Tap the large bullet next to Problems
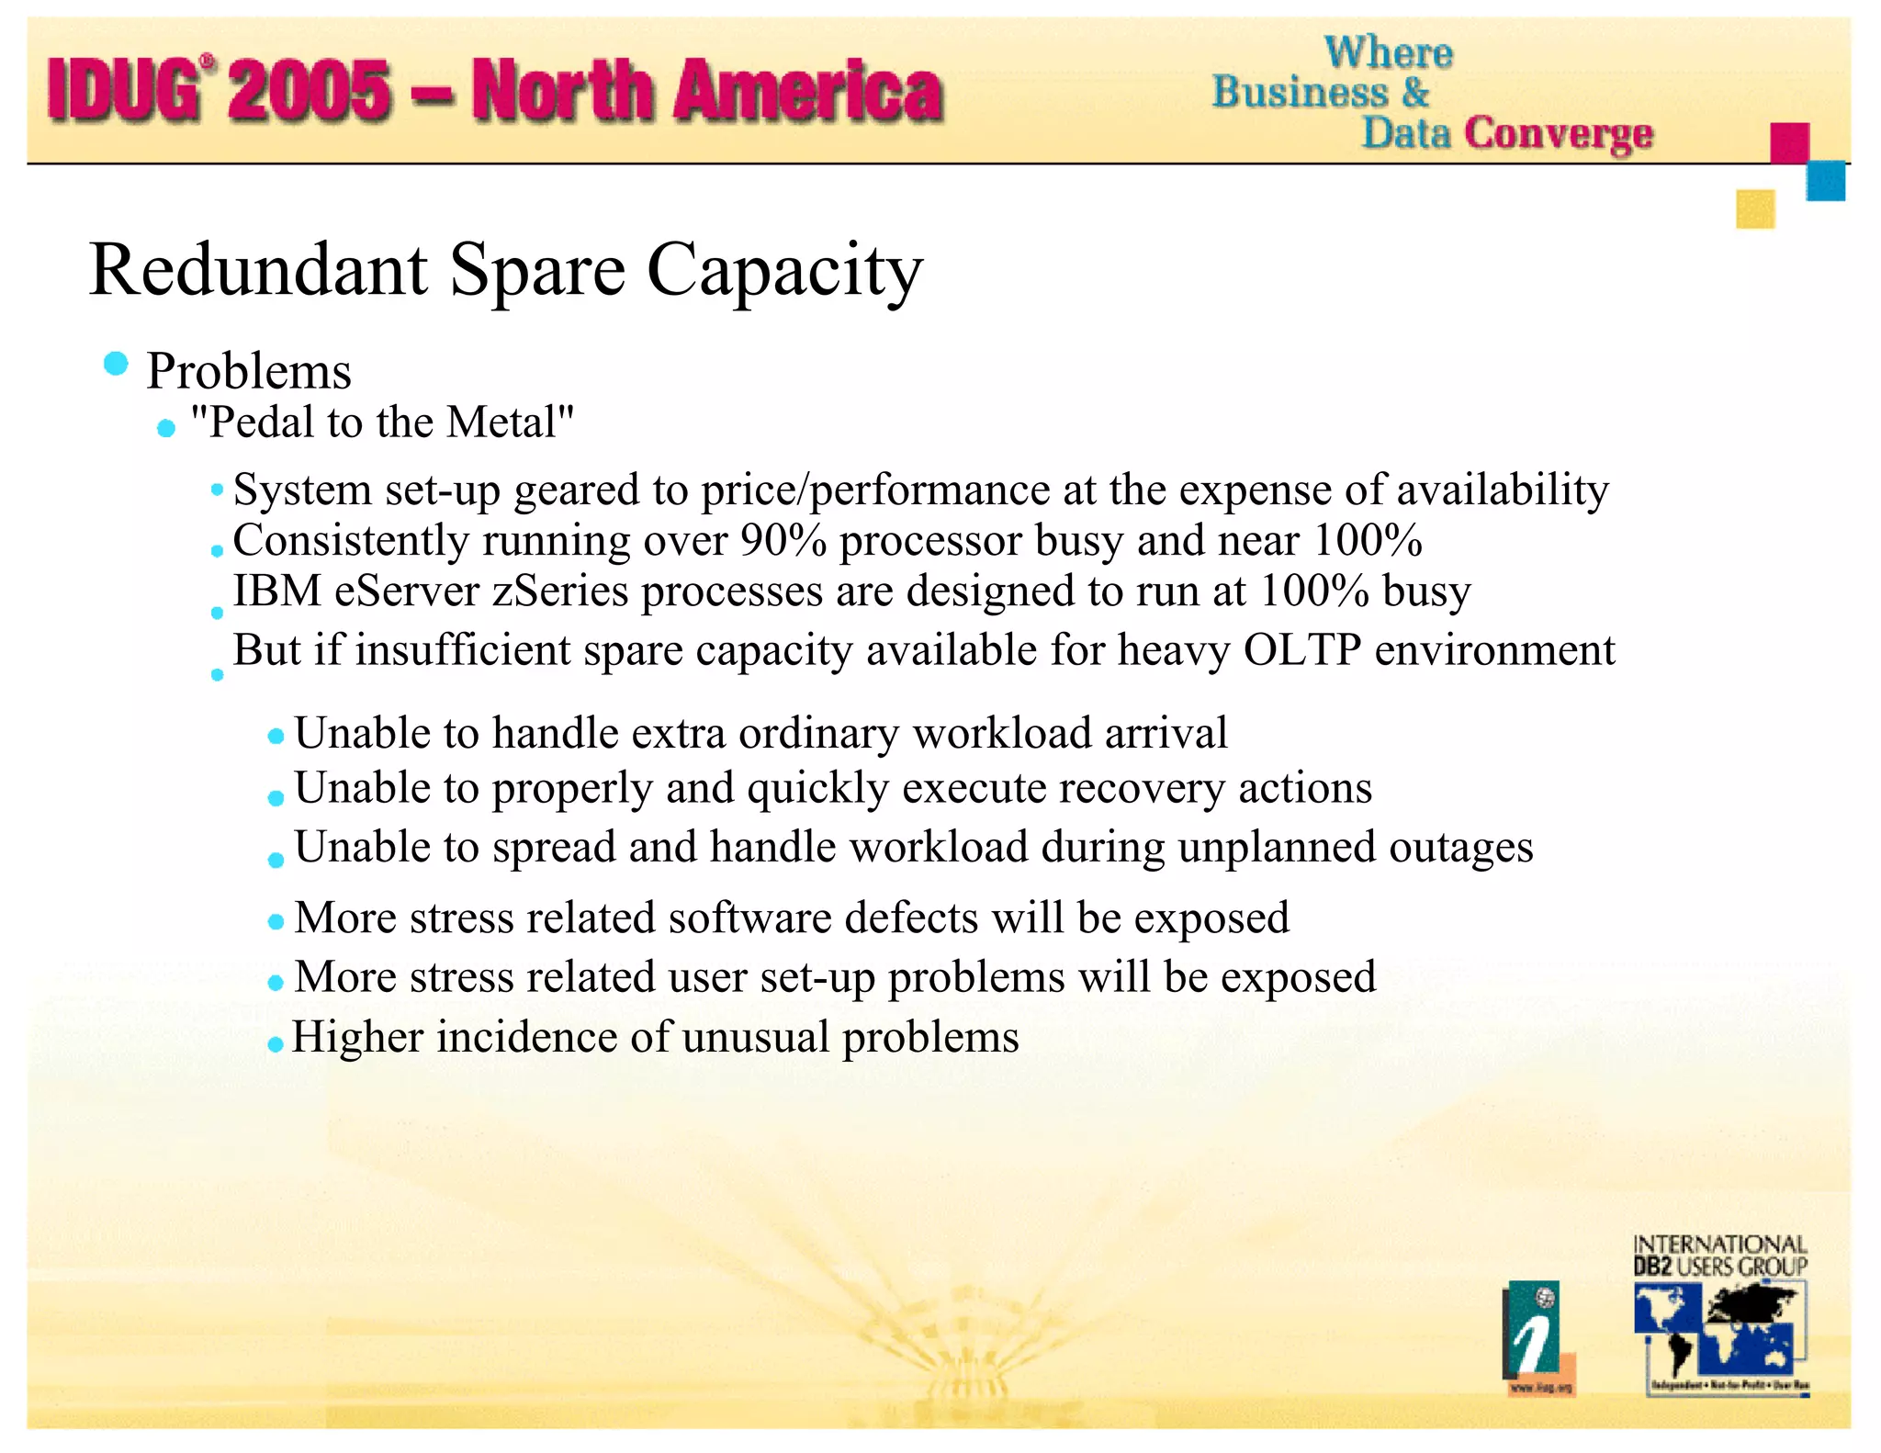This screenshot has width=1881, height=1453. [116, 364]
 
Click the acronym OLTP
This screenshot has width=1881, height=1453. [1301, 650]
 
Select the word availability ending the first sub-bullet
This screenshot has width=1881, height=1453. [1503, 490]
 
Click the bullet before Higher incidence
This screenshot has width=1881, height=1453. [275, 1044]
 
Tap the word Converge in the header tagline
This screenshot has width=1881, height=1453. [1558, 133]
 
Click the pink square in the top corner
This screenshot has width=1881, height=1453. [1789, 143]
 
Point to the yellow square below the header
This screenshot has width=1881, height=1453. [1754, 209]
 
